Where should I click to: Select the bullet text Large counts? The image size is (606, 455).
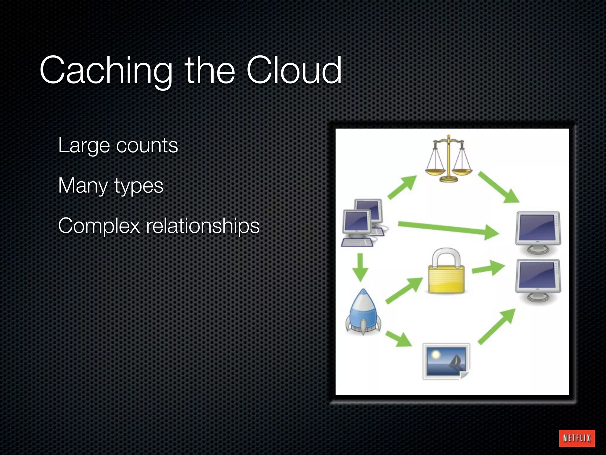[x=118, y=145]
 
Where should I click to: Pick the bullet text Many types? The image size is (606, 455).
[x=111, y=186]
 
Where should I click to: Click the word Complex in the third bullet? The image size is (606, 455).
[x=99, y=226]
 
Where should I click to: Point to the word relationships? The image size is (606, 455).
[x=203, y=226]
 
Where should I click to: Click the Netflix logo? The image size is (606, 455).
[x=577, y=438]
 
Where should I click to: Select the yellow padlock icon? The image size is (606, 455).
[x=446, y=271]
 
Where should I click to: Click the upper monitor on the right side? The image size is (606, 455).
[x=538, y=232]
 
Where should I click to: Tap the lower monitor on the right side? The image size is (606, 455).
[x=538, y=280]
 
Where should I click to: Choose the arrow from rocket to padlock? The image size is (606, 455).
[x=404, y=290]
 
